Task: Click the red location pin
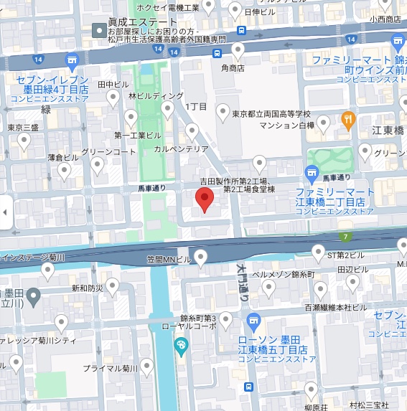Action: pos(205,200)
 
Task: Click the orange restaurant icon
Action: pos(348,120)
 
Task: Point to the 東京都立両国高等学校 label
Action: pos(271,113)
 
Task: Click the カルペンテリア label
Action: pos(181,149)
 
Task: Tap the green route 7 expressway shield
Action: pos(346,237)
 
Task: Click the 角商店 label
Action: pos(233,68)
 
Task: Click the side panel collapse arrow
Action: pos(6,212)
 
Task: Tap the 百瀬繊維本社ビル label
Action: pos(335,307)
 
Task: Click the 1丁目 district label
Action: pos(197,106)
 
